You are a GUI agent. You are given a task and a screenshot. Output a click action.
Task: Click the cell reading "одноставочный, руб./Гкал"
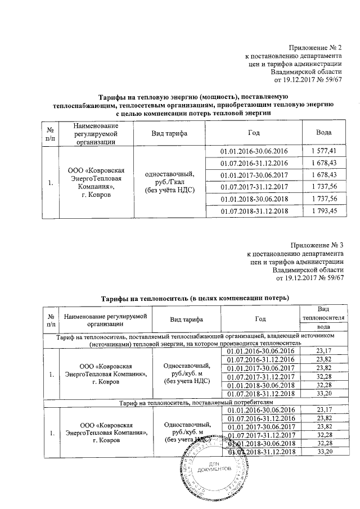(170, 181)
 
